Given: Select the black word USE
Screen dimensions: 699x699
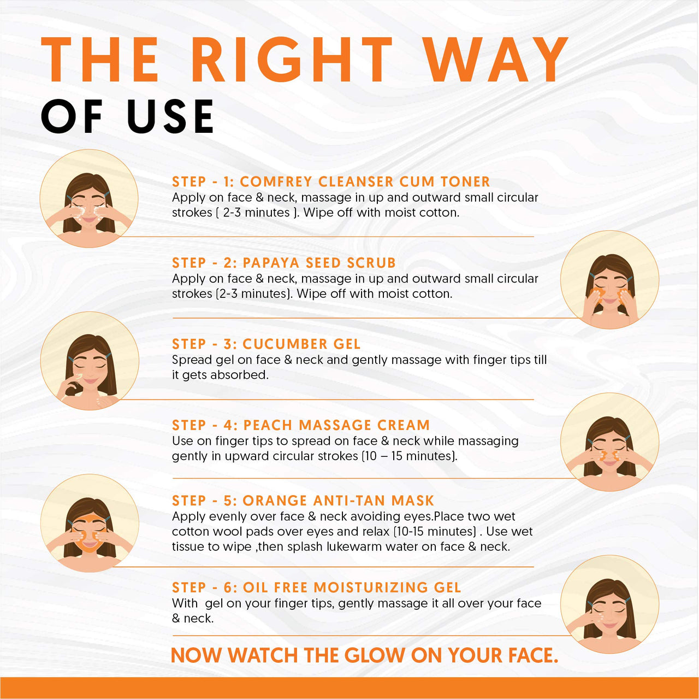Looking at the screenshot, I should (x=170, y=117).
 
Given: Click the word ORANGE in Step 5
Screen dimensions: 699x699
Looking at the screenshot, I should (x=275, y=501).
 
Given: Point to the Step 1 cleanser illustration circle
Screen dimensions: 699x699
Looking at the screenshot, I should (x=89, y=198).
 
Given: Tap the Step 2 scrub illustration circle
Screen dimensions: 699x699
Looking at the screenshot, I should (x=609, y=279).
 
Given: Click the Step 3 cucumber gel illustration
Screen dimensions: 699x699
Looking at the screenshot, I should (x=90, y=361).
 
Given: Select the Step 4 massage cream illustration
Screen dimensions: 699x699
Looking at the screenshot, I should (x=609, y=442).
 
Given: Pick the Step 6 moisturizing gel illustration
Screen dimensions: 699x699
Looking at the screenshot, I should (x=609, y=604).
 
